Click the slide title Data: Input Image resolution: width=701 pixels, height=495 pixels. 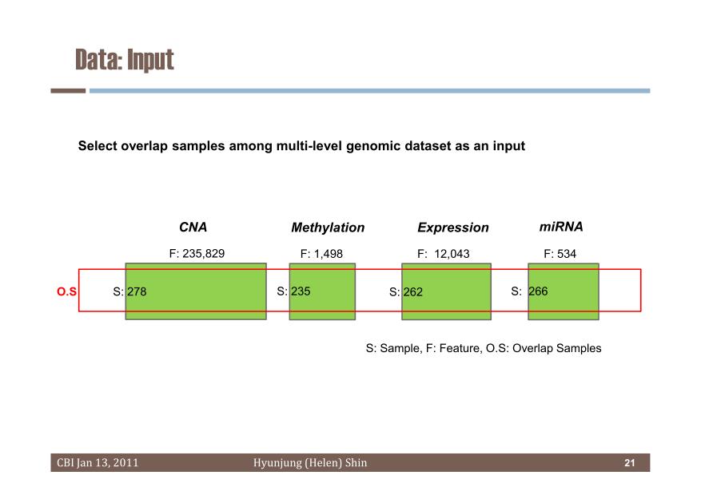124,60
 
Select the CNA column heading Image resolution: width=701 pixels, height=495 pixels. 193,228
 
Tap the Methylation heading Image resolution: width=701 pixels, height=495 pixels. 328,228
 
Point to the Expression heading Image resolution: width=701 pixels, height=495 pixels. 453,228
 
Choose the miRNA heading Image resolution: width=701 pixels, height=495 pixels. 561,227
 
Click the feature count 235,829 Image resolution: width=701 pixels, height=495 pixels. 203,254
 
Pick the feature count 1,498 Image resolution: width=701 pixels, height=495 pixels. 329,254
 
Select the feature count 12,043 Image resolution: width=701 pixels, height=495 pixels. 452,254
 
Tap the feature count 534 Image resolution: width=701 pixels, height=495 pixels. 567,254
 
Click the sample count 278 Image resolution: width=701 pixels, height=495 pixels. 137,291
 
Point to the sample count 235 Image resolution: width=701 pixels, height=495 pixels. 301,291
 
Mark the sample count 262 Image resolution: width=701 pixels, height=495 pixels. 412,292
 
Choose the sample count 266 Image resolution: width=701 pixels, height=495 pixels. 538,291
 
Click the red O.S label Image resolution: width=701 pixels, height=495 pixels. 66,291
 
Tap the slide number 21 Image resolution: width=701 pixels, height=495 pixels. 630,463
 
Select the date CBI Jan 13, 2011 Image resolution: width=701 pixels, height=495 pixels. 98,463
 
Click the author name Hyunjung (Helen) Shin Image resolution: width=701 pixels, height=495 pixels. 310,463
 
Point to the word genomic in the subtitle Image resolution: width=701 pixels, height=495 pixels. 372,146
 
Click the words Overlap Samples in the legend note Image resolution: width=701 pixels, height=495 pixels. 556,348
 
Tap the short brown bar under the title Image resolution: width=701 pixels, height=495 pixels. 68,90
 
